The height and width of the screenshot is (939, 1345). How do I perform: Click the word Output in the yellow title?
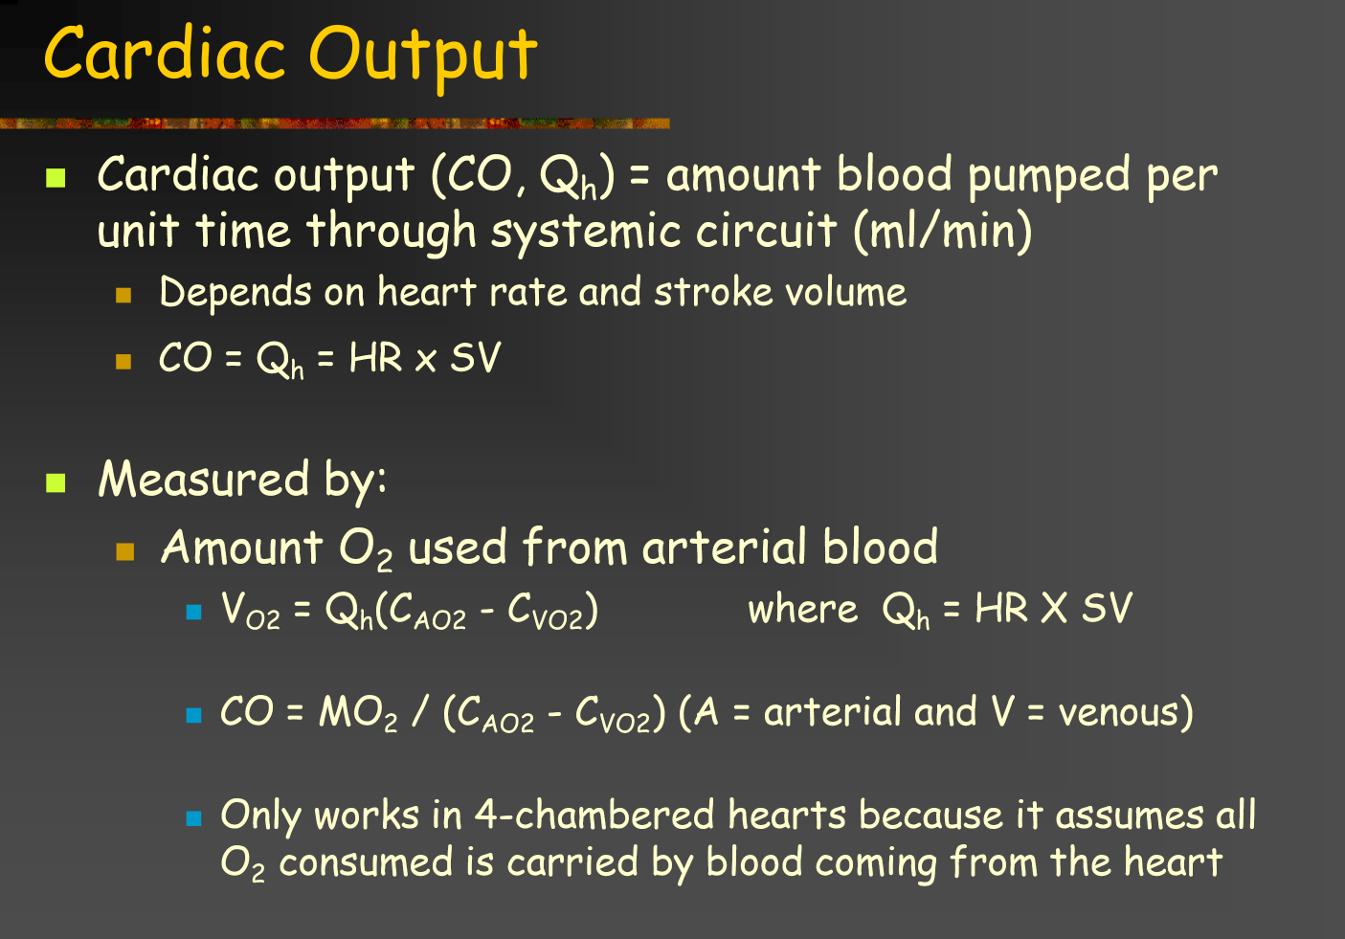coord(423,57)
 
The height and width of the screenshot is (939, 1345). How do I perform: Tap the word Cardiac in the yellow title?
coord(165,53)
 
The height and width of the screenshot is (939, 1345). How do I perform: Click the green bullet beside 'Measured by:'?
coord(56,482)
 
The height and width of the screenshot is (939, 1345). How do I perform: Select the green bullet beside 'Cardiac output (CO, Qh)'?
coord(56,178)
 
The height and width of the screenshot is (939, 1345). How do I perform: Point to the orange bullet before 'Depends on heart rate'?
coord(123,296)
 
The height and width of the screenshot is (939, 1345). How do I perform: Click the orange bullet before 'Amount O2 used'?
coord(124,551)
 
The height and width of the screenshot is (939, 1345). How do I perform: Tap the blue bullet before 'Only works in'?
coord(194,818)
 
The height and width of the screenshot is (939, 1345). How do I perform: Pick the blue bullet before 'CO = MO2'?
coord(194,715)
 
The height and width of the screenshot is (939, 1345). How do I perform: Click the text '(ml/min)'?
coord(943,231)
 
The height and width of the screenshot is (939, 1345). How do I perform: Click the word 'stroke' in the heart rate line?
coord(713,292)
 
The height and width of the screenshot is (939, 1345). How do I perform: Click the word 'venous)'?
coord(1126,713)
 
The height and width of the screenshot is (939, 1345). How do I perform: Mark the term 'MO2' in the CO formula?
coord(358,714)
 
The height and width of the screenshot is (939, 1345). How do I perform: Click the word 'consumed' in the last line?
coord(366,862)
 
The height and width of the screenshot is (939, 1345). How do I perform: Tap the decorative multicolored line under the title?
coord(334,123)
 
